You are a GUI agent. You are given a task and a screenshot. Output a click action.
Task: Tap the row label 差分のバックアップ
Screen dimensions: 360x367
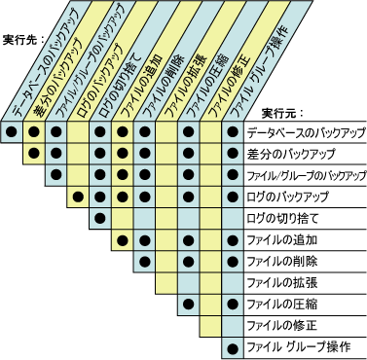point(292,155)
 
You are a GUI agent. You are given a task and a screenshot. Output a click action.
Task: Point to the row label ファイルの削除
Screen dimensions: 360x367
point(283,262)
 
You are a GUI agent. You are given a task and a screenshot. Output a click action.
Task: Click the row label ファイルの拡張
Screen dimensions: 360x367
point(283,283)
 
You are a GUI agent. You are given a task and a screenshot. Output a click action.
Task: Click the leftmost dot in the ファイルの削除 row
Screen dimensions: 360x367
point(144,262)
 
